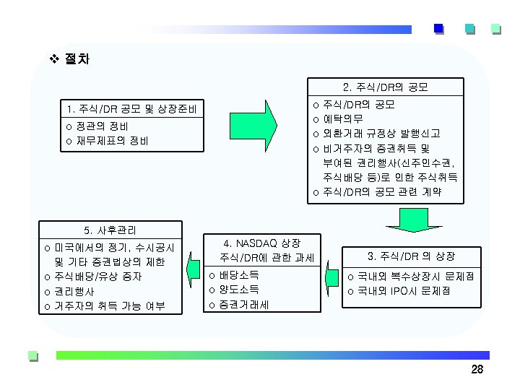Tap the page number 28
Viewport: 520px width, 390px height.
(x=477, y=370)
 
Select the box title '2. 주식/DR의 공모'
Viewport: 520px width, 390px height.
(x=386, y=88)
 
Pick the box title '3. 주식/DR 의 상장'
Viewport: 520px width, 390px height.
(x=411, y=256)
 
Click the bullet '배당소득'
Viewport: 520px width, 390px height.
(x=239, y=275)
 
